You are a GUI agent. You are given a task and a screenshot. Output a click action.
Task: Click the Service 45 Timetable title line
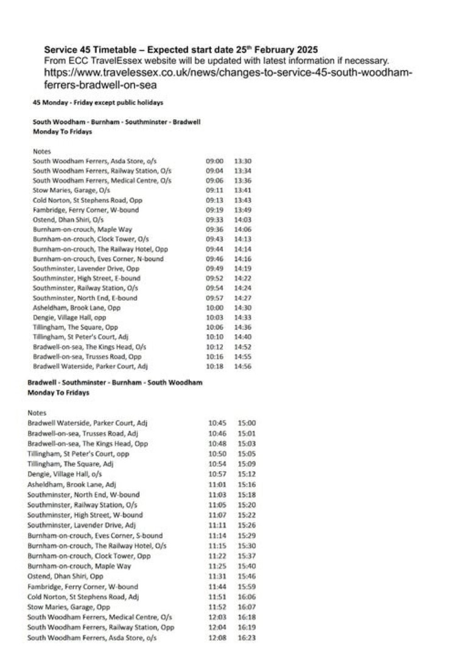(181, 49)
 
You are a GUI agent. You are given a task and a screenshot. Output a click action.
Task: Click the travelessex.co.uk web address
(228, 79)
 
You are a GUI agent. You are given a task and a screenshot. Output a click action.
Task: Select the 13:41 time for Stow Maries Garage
(243, 191)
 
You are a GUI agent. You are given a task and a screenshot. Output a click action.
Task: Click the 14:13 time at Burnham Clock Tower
(243, 239)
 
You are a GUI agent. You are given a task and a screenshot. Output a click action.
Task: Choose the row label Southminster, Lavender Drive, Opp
(86, 268)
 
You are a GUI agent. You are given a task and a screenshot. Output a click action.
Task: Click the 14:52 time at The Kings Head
(243, 347)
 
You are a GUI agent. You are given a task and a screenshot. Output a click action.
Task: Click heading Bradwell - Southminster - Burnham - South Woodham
(115, 382)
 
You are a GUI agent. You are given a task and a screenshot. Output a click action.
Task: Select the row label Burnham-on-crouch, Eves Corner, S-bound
(95, 536)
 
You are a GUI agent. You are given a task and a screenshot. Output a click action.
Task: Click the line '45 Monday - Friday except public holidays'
(97, 102)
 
